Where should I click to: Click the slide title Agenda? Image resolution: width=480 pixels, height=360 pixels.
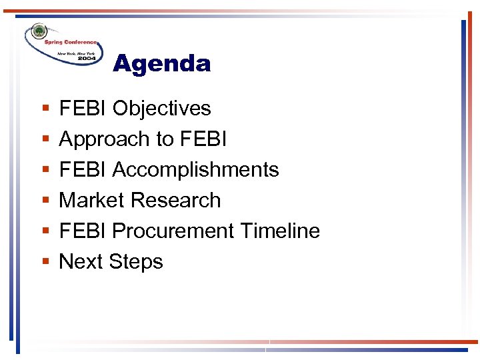pos(162,64)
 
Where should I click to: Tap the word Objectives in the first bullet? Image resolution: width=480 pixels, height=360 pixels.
pos(161,109)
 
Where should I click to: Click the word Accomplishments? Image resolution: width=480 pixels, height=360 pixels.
pos(195,170)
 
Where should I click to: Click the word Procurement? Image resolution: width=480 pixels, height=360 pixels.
pos(173,231)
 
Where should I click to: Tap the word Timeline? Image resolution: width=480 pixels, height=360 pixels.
pos(280,231)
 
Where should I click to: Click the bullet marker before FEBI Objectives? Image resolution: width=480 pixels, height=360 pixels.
pos(44,109)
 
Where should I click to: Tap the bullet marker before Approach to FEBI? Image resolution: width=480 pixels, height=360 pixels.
pos(44,139)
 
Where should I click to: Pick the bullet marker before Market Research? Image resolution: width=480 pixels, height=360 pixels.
pos(44,201)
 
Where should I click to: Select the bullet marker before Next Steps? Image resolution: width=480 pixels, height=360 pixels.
pos(44,262)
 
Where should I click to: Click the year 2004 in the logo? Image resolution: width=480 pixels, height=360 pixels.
pos(87,59)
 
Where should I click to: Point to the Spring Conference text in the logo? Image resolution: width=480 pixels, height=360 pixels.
pos(71,42)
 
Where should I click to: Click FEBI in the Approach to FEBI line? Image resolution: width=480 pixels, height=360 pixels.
pos(203,139)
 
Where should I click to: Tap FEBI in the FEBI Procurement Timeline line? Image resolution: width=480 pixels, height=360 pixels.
pos(83,231)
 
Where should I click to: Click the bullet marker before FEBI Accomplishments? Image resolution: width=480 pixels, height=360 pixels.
pos(44,170)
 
